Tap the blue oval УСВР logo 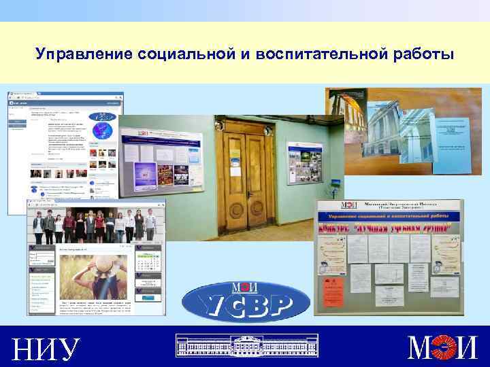click(x=246, y=301)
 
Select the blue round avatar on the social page click(x=103, y=128)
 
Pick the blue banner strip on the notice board click(x=389, y=216)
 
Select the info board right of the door click(x=304, y=163)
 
